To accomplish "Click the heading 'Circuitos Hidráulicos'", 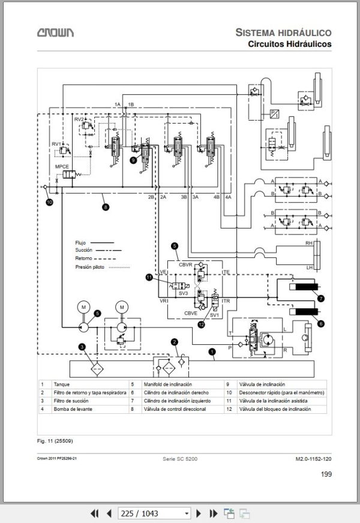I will tap(290, 44).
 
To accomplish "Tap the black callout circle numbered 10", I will tap(49, 202).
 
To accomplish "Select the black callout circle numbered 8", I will tap(106, 208).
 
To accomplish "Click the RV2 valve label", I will tap(79, 120).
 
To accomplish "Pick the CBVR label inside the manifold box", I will tap(185, 264).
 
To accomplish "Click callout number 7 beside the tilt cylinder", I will tap(320, 298).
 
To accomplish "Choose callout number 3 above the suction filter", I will tap(82, 346).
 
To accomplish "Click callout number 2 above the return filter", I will tap(175, 342).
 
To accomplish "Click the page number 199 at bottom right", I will tap(326, 474).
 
